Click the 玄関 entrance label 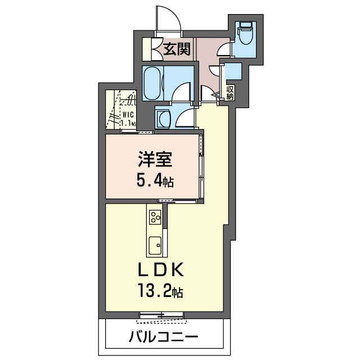coord(176,50)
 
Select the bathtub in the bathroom coord(152,83)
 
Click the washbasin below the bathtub coord(164,119)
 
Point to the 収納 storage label coord(230,93)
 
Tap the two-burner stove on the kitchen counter coord(155,217)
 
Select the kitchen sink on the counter coord(155,244)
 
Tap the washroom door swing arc coord(184,118)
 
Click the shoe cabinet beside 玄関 coord(148,49)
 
